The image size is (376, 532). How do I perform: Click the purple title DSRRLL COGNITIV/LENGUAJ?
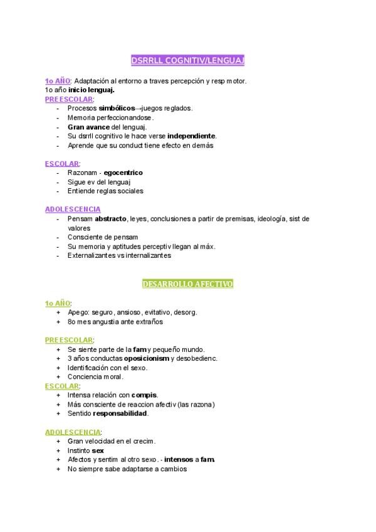(x=187, y=60)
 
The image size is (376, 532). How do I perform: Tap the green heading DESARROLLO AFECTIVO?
(x=187, y=284)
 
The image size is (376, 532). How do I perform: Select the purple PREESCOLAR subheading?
(x=69, y=98)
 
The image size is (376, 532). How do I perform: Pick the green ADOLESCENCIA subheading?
(x=73, y=432)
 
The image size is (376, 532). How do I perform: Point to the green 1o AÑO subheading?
(x=58, y=303)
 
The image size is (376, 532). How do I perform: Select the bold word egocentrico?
(x=123, y=173)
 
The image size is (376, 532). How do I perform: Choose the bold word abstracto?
(x=111, y=219)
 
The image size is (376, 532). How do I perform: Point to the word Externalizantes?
(x=91, y=256)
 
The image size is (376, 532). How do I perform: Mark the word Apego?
(x=78, y=312)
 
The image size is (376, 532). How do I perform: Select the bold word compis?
(x=144, y=395)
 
